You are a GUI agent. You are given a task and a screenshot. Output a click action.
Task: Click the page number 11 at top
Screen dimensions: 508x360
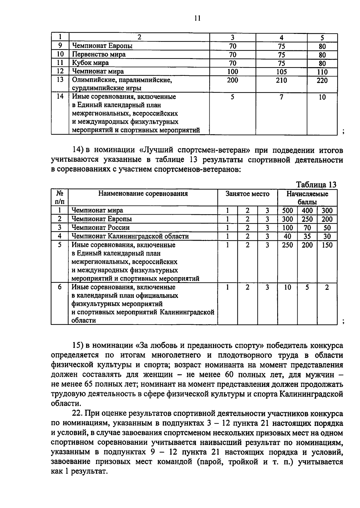click(197, 18)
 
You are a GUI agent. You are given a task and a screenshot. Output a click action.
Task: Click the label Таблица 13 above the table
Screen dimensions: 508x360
click(316, 184)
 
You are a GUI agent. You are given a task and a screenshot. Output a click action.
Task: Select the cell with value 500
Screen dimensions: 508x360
click(287, 210)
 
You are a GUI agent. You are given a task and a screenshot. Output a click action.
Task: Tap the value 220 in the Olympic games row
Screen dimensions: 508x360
click(322, 80)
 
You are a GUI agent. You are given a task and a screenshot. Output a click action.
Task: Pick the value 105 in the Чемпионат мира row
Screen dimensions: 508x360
click(281, 72)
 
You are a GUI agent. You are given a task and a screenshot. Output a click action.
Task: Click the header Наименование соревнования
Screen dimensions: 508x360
click(143, 194)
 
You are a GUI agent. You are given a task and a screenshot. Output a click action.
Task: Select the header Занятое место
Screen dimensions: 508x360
click(247, 194)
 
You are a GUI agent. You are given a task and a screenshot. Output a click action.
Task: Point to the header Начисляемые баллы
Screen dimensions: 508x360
click(307, 198)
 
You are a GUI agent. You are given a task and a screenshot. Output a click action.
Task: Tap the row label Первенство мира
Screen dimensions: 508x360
click(99, 55)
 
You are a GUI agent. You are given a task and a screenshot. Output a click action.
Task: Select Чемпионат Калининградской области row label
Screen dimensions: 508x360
click(130, 236)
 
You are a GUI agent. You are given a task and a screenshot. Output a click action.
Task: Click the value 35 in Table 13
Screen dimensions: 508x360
click(307, 236)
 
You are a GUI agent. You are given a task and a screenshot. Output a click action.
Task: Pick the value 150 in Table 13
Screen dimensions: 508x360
click(327, 245)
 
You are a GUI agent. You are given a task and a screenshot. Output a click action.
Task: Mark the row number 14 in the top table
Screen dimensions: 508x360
click(60, 97)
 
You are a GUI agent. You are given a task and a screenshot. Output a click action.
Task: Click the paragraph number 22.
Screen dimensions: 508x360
click(77, 414)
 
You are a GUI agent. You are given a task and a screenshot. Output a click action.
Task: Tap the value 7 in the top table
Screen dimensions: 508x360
click(281, 97)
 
